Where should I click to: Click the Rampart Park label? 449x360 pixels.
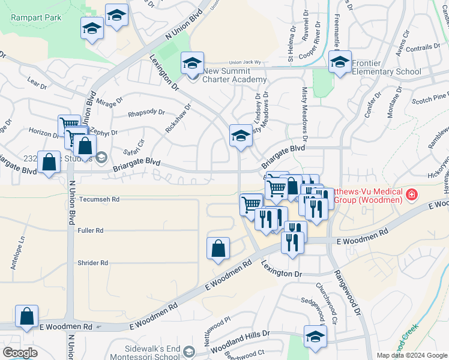point(36,17)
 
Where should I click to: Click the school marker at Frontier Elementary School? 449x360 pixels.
point(340,63)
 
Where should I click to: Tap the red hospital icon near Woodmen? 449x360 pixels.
point(411,194)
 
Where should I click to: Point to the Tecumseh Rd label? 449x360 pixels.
point(100,199)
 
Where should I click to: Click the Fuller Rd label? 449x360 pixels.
point(90,230)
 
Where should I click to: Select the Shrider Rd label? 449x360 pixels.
point(92,263)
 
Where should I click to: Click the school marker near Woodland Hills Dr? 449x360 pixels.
point(315,337)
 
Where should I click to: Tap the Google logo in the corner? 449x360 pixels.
point(20,353)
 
